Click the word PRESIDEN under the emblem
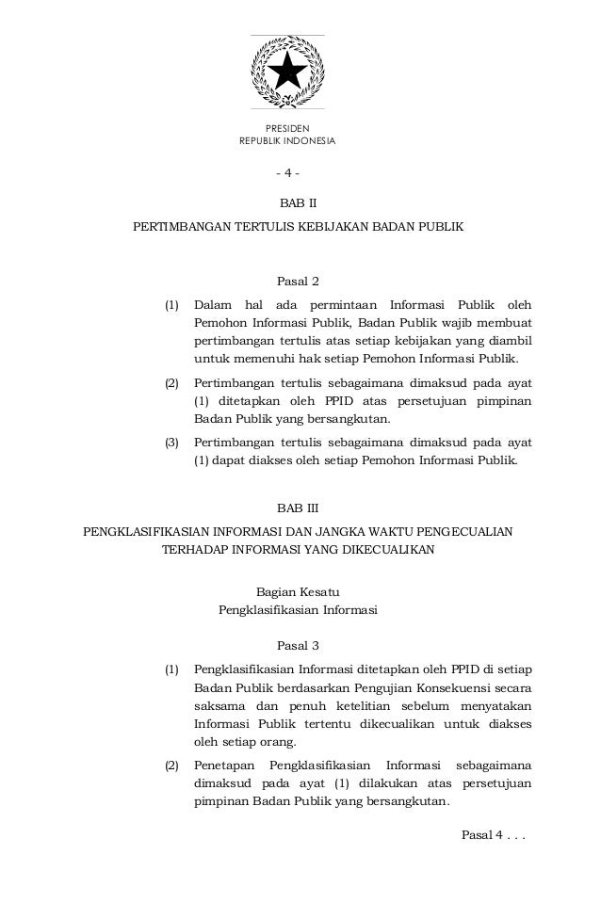pos(287,128)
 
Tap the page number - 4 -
pos(287,174)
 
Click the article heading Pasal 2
pos(298,280)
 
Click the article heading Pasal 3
pos(298,646)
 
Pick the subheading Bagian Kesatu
pos(297,591)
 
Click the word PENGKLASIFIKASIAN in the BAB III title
pos(150,532)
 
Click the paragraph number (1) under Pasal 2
pos(172,305)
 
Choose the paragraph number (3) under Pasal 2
pos(172,443)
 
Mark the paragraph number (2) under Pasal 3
pos(172,766)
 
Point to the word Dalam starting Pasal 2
pos(212,305)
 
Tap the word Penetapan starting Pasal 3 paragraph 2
pos(223,766)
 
